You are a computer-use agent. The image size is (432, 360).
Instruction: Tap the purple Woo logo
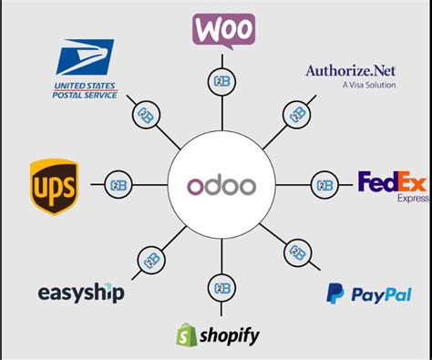pyautogui.click(x=222, y=29)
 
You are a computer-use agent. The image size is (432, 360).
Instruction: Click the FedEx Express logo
pyautogui.click(x=391, y=185)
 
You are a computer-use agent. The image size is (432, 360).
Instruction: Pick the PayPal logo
pyautogui.click(x=368, y=294)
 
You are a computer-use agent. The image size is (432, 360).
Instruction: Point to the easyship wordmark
pyautogui.click(x=81, y=293)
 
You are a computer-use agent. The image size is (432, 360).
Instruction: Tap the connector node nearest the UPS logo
pyautogui.click(x=118, y=183)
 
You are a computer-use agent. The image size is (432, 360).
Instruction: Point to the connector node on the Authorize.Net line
pyautogui.click(x=296, y=115)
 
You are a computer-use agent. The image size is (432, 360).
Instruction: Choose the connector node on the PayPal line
pyautogui.click(x=297, y=253)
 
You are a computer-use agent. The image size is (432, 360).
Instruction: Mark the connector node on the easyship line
pyautogui.click(x=151, y=258)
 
